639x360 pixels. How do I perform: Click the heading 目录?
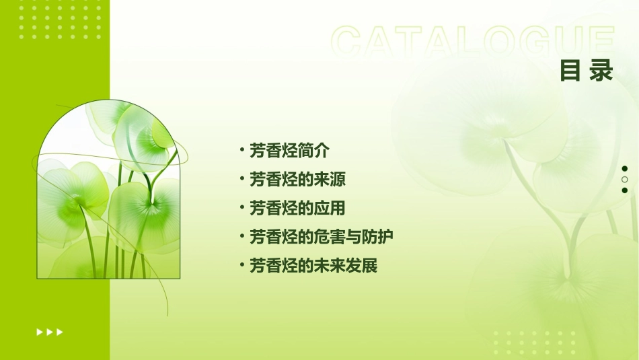pyautogui.click(x=587, y=71)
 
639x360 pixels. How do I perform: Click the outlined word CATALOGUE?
pyautogui.click(x=473, y=42)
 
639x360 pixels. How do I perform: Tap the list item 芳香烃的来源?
pyautogui.click(x=297, y=179)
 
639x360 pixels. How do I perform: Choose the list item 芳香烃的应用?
pyautogui.click(x=297, y=208)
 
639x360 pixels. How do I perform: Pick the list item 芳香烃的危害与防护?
pyautogui.click(x=321, y=237)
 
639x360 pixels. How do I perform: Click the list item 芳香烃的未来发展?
pyautogui.click(x=313, y=266)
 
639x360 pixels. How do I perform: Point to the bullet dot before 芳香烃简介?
pyautogui.click(x=241, y=149)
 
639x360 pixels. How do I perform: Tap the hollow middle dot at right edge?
pyautogui.click(x=625, y=180)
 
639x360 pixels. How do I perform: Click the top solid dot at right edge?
pyautogui.click(x=625, y=169)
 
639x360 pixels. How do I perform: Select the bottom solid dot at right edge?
pyautogui.click(x=625, y=190)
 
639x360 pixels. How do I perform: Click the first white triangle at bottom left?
pyautogui.click(x=39, y=332)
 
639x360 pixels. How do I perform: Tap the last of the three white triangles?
pyautogui.click(x=60, y=332)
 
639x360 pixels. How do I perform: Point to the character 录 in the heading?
pyautogui.click(x=601, y=71)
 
